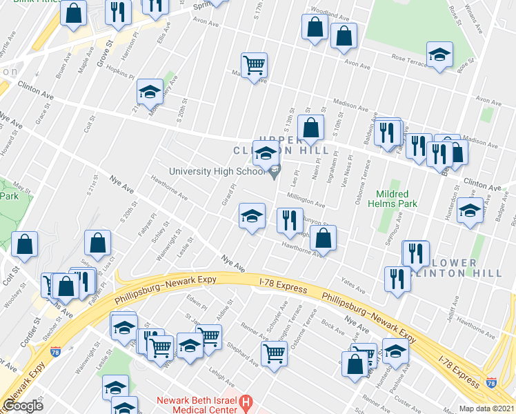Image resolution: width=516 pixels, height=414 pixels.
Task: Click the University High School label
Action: [217, 172]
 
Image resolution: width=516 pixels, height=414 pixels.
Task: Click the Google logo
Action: [23, 405]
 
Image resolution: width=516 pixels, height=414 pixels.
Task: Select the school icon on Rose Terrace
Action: [439, 55]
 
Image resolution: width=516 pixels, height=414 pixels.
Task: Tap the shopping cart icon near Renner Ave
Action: [275, 354]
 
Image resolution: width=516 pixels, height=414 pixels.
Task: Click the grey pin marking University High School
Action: [275, 172]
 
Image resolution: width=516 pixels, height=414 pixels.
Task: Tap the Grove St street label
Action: [104, 52]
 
